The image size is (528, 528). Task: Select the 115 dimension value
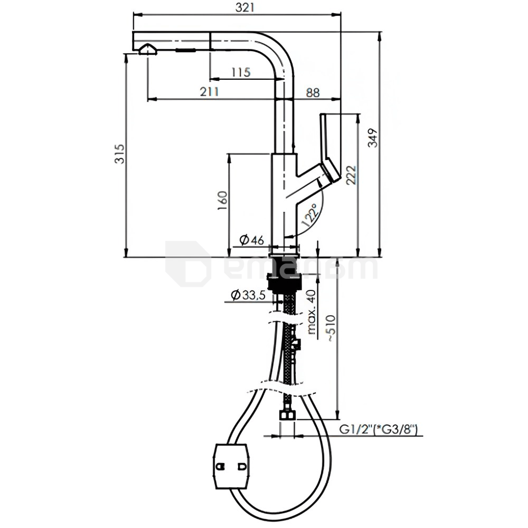241,71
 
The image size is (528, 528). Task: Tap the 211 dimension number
210,92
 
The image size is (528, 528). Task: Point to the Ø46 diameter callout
252,239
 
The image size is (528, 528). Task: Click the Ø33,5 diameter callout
248,295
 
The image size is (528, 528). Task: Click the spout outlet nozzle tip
147,50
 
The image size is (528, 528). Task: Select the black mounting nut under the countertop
283,280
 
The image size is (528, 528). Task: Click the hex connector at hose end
288,414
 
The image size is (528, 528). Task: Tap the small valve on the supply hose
296,344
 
